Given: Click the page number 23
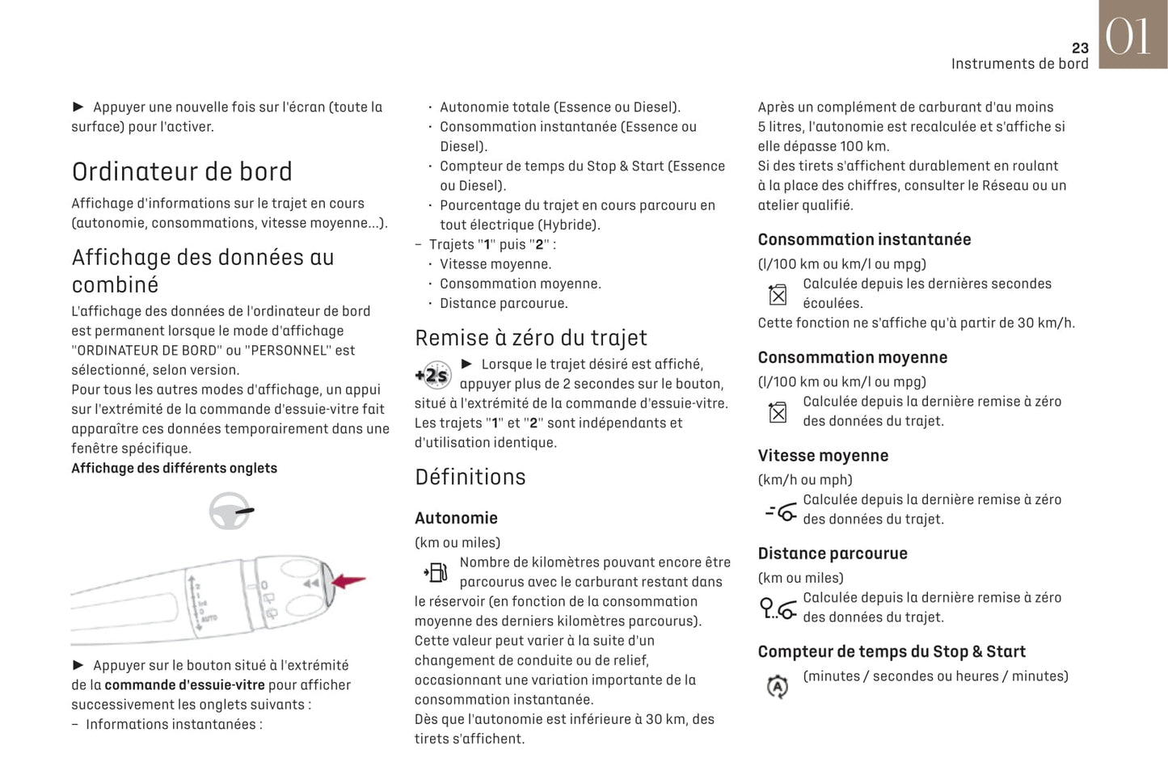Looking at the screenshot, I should coord(1079,48).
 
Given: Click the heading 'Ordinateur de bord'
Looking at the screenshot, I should coord(182,171).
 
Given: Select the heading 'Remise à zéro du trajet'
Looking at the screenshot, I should coord(531,338).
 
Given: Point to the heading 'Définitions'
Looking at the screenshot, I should coord(470,477).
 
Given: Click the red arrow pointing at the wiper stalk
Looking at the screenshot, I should coord(349,580).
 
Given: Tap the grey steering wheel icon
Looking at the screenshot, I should coord(230,511).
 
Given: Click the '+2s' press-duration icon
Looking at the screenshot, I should coord(433,374).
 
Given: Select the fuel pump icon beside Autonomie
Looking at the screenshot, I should coord(436,573).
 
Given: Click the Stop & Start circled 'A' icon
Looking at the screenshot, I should coord(777,686).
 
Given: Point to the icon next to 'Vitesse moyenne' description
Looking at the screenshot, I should coord(781,511).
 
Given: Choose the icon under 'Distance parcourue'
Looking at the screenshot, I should coord(778,608).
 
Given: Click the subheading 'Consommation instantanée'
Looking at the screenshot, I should coord(864,239).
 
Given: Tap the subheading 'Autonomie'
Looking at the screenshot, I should coord(456,518).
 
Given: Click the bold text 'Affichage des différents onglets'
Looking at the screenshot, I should coord(174,468).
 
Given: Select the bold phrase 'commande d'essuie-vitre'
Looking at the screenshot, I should coord(184,684).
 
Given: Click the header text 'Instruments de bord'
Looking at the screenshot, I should coord(1019,64).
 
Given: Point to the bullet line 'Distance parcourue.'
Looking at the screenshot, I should coord(504,303).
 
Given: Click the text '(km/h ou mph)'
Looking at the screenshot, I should coord(805,479).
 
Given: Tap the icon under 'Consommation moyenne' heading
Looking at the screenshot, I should coord(778,412).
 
